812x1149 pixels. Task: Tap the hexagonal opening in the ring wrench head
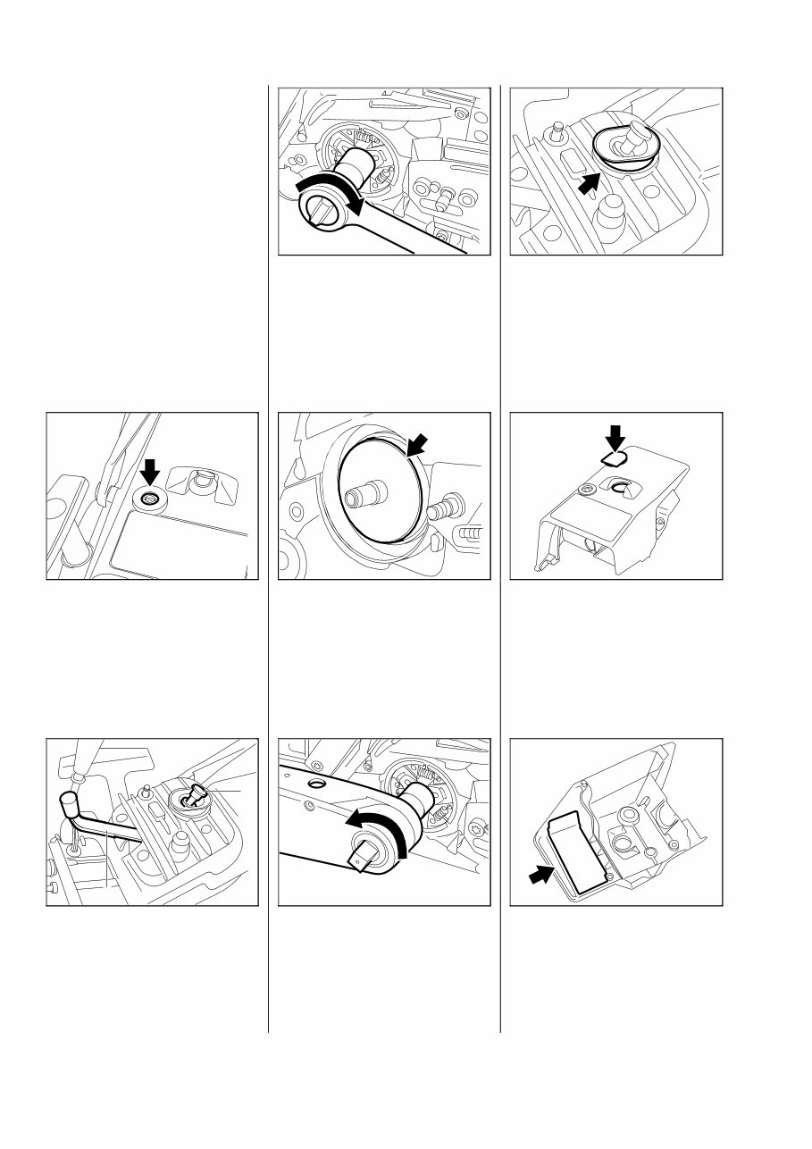click(x=319, y=209)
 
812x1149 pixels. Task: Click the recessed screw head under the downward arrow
click(x=150, y=498)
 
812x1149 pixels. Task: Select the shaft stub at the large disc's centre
click(x=368, y=493)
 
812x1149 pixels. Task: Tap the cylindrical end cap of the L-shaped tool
click(x=66, y=798)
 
